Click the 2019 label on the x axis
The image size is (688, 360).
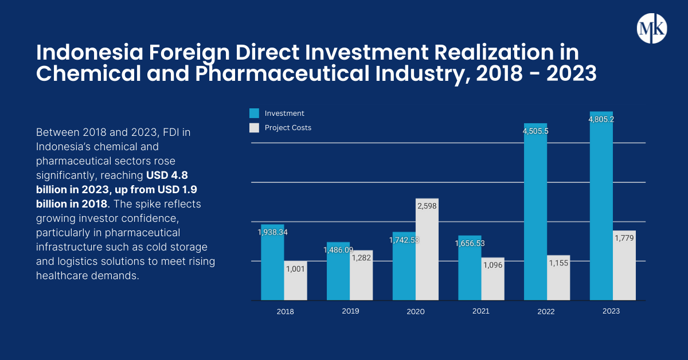point(350,311)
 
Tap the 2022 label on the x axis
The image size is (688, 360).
point(546,312)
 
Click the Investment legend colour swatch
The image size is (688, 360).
point(255,113)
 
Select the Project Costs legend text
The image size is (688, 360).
point(288,128)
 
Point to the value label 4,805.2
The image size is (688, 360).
point(601,119)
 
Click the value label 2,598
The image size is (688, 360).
point(427,205)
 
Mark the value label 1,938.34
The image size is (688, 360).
point(273,232)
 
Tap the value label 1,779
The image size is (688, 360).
point(624,238)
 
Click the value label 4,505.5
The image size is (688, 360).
point(535,131)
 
